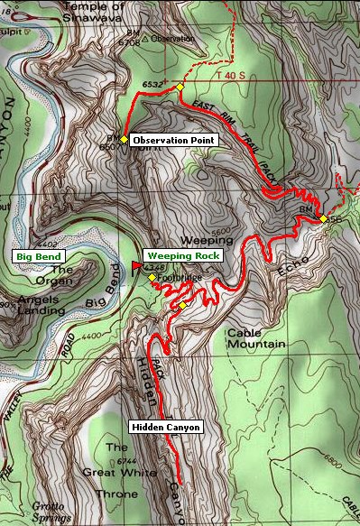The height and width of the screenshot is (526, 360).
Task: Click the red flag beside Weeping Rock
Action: tap(137, 265)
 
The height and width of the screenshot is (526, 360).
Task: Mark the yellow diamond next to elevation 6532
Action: tap(180, 87)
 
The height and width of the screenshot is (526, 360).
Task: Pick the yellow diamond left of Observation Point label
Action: tap(124, 139)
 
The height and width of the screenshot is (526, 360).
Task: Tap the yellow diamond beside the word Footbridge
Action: tap(152, 277)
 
